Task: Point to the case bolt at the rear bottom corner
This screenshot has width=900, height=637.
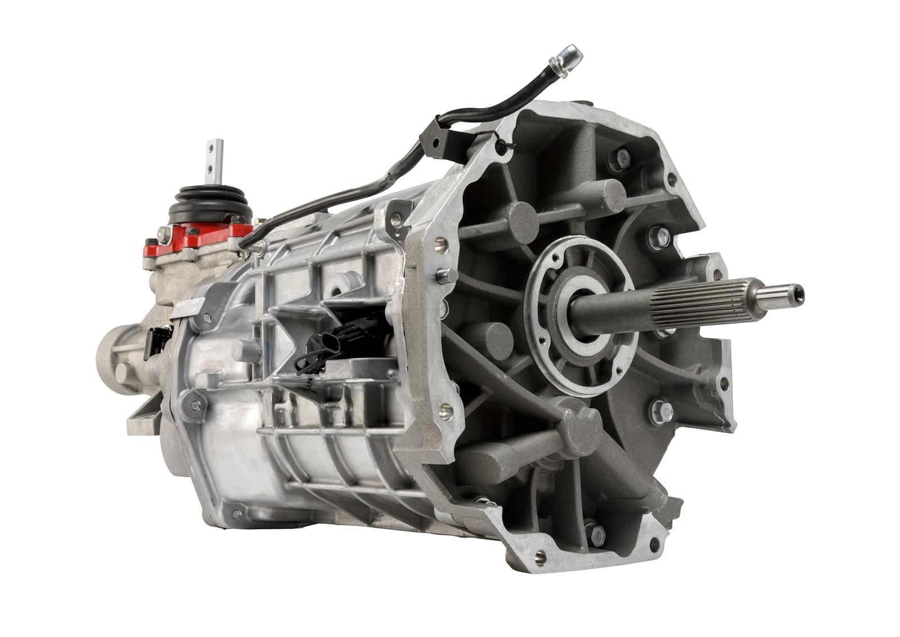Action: pyautogui.click(x=235, y=513)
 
